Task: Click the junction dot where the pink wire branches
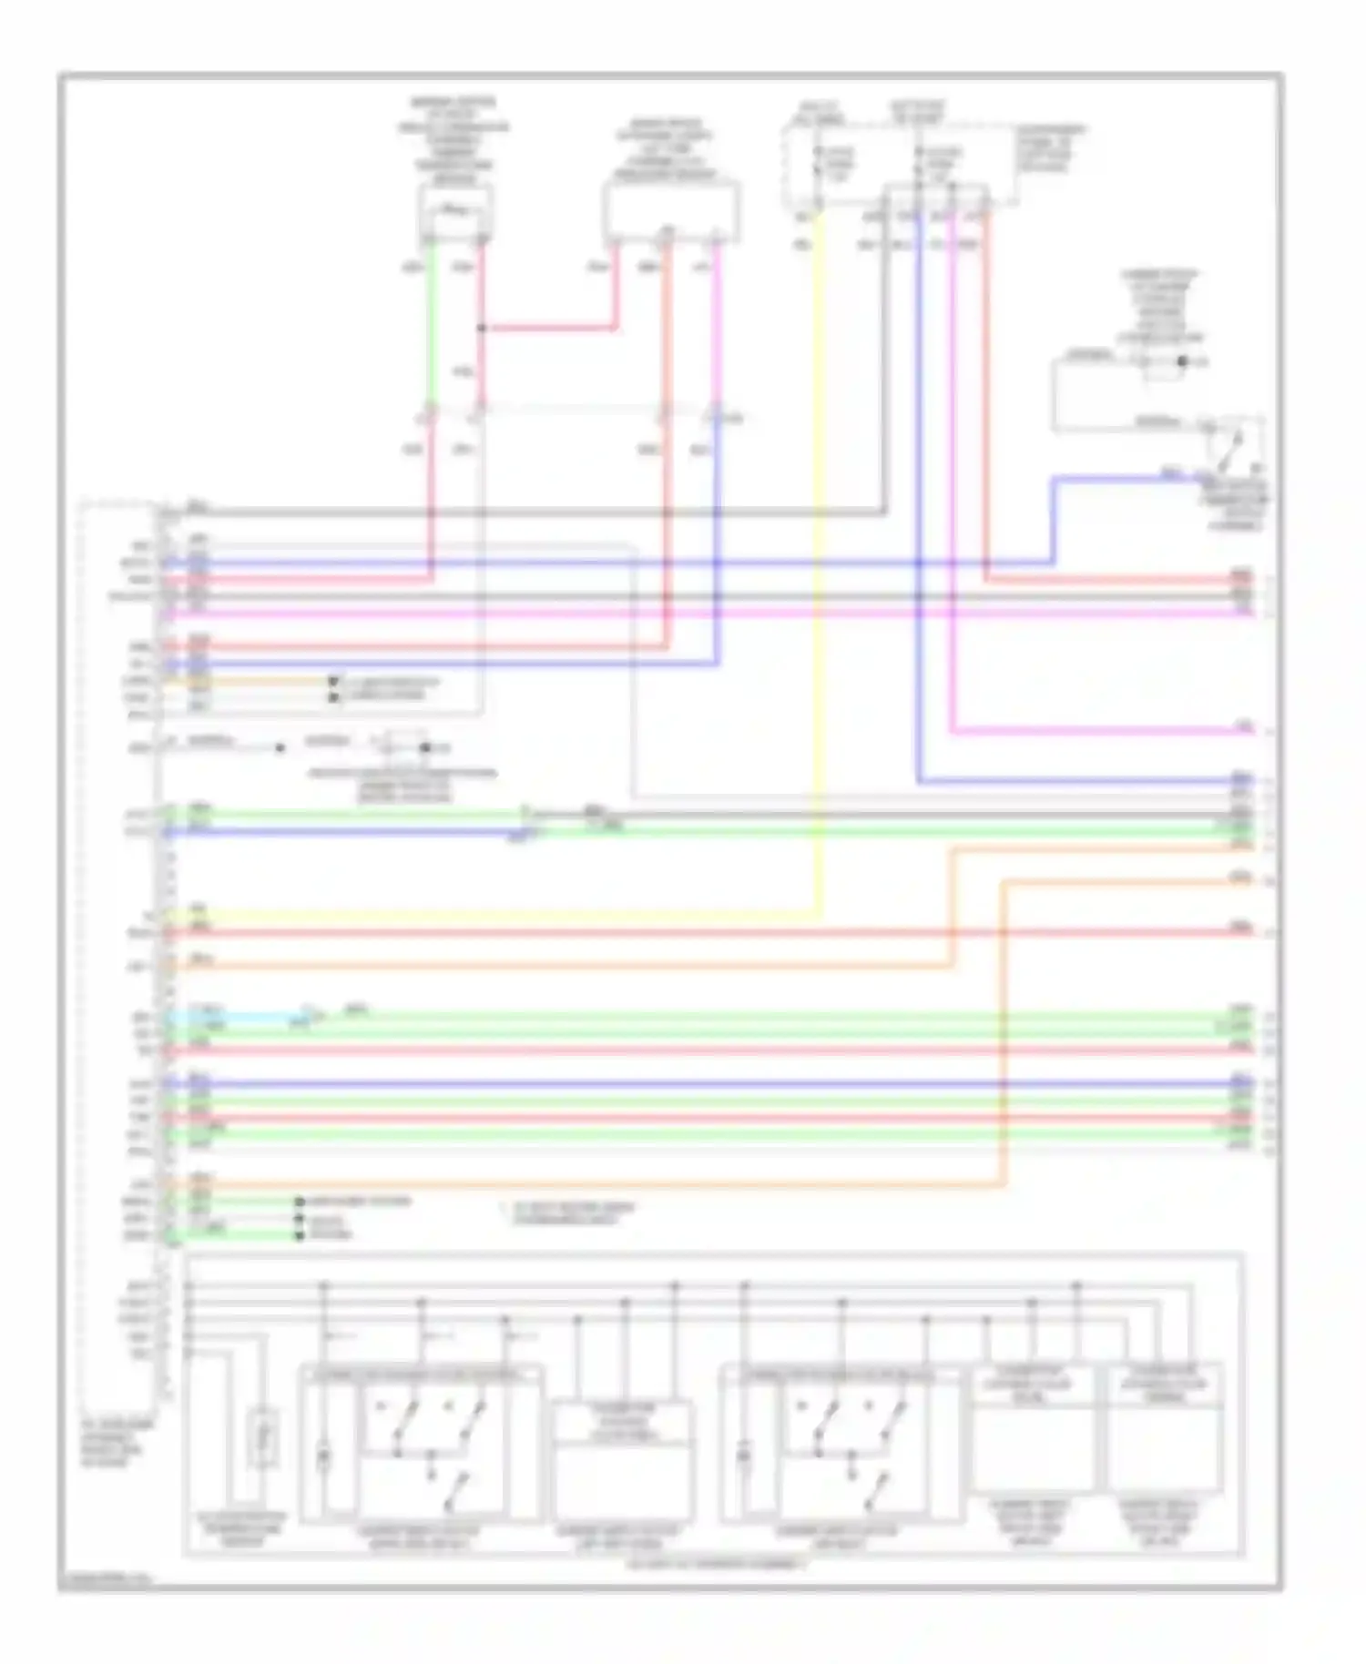[x=481, y=328]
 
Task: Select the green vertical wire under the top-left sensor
[x=429, y=328]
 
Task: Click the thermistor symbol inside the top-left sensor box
[x=454, y=212]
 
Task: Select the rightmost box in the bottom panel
[x=1165, y=1429]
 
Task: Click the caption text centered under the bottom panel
[x=716, y=1564]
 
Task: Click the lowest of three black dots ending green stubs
[x=300, y=1235]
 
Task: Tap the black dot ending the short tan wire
[x=333, y=681]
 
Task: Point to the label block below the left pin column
[x=117, y=1442]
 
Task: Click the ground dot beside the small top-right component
[x=1183, y=361]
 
